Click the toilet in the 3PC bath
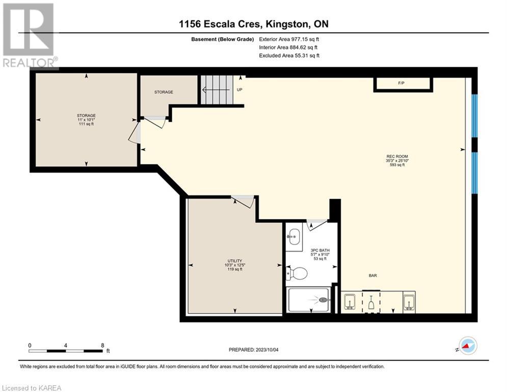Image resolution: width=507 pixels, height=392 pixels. [x=296, y=273]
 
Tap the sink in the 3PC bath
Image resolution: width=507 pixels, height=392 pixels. [x=294, y=236]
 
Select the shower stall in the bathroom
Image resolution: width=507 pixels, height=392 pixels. [x=308, y=300]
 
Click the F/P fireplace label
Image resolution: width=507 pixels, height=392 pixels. [x=401, y=83]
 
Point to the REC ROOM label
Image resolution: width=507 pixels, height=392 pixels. [x=397, y=156]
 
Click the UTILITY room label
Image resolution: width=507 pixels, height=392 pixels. [x=235, y=261]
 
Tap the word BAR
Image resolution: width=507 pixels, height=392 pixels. [x=373, y=276]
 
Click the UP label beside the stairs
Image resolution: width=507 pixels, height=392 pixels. [x=239, y=90]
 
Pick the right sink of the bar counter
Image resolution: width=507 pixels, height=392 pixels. [x=409, y=302]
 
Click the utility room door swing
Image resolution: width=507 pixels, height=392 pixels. [x=243, y=202]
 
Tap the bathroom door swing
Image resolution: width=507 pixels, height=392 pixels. [x=316, y=225]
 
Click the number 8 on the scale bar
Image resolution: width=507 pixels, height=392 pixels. [x=102, y=346]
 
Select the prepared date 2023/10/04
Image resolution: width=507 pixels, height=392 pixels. [x=267, y=350]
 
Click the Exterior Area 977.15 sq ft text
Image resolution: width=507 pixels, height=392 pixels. [x=289, y=39]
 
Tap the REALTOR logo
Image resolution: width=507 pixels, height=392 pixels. [x=29, y=36]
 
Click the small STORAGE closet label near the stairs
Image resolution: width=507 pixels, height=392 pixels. [x=164, y=92]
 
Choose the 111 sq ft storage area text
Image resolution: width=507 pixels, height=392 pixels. [x=86, y=124]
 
